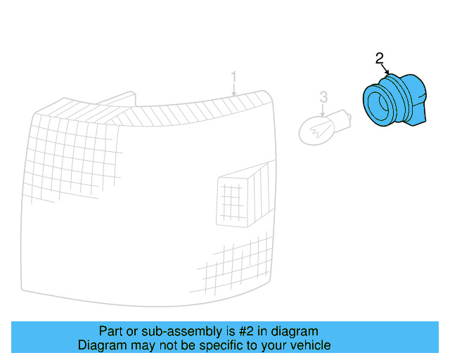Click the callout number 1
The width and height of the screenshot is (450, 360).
(x=234, y=77)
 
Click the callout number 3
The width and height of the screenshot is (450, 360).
(x=323, y=96)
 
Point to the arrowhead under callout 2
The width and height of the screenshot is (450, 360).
(x=387, y=73)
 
